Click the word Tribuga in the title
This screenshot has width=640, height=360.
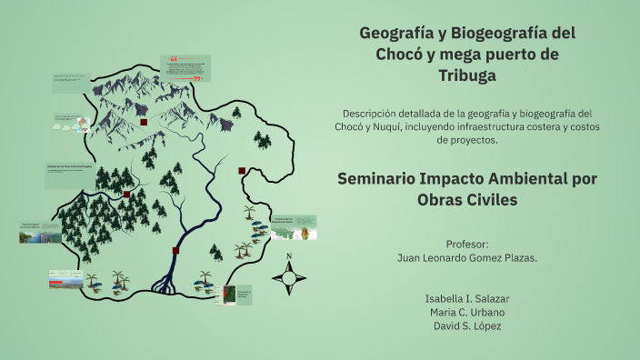(467, 75)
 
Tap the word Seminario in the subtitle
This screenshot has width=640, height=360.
(380, 179)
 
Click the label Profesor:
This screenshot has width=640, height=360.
(468, 244)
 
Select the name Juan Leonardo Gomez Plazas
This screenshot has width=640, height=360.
(468, 257)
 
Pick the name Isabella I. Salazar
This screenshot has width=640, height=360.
(468, 299)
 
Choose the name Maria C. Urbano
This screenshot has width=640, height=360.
(468, 313)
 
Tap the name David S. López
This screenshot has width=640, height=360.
(468, 325)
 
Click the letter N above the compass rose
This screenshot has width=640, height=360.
(289, 256)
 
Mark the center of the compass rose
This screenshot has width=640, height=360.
(289, 278)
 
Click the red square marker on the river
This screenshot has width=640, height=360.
(175, 251)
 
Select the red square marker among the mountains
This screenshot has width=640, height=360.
(144, 122)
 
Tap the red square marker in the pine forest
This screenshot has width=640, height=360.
(126, 195)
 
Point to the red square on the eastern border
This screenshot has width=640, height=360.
(242, 170)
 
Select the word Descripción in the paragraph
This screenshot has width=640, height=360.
(375, 113)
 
